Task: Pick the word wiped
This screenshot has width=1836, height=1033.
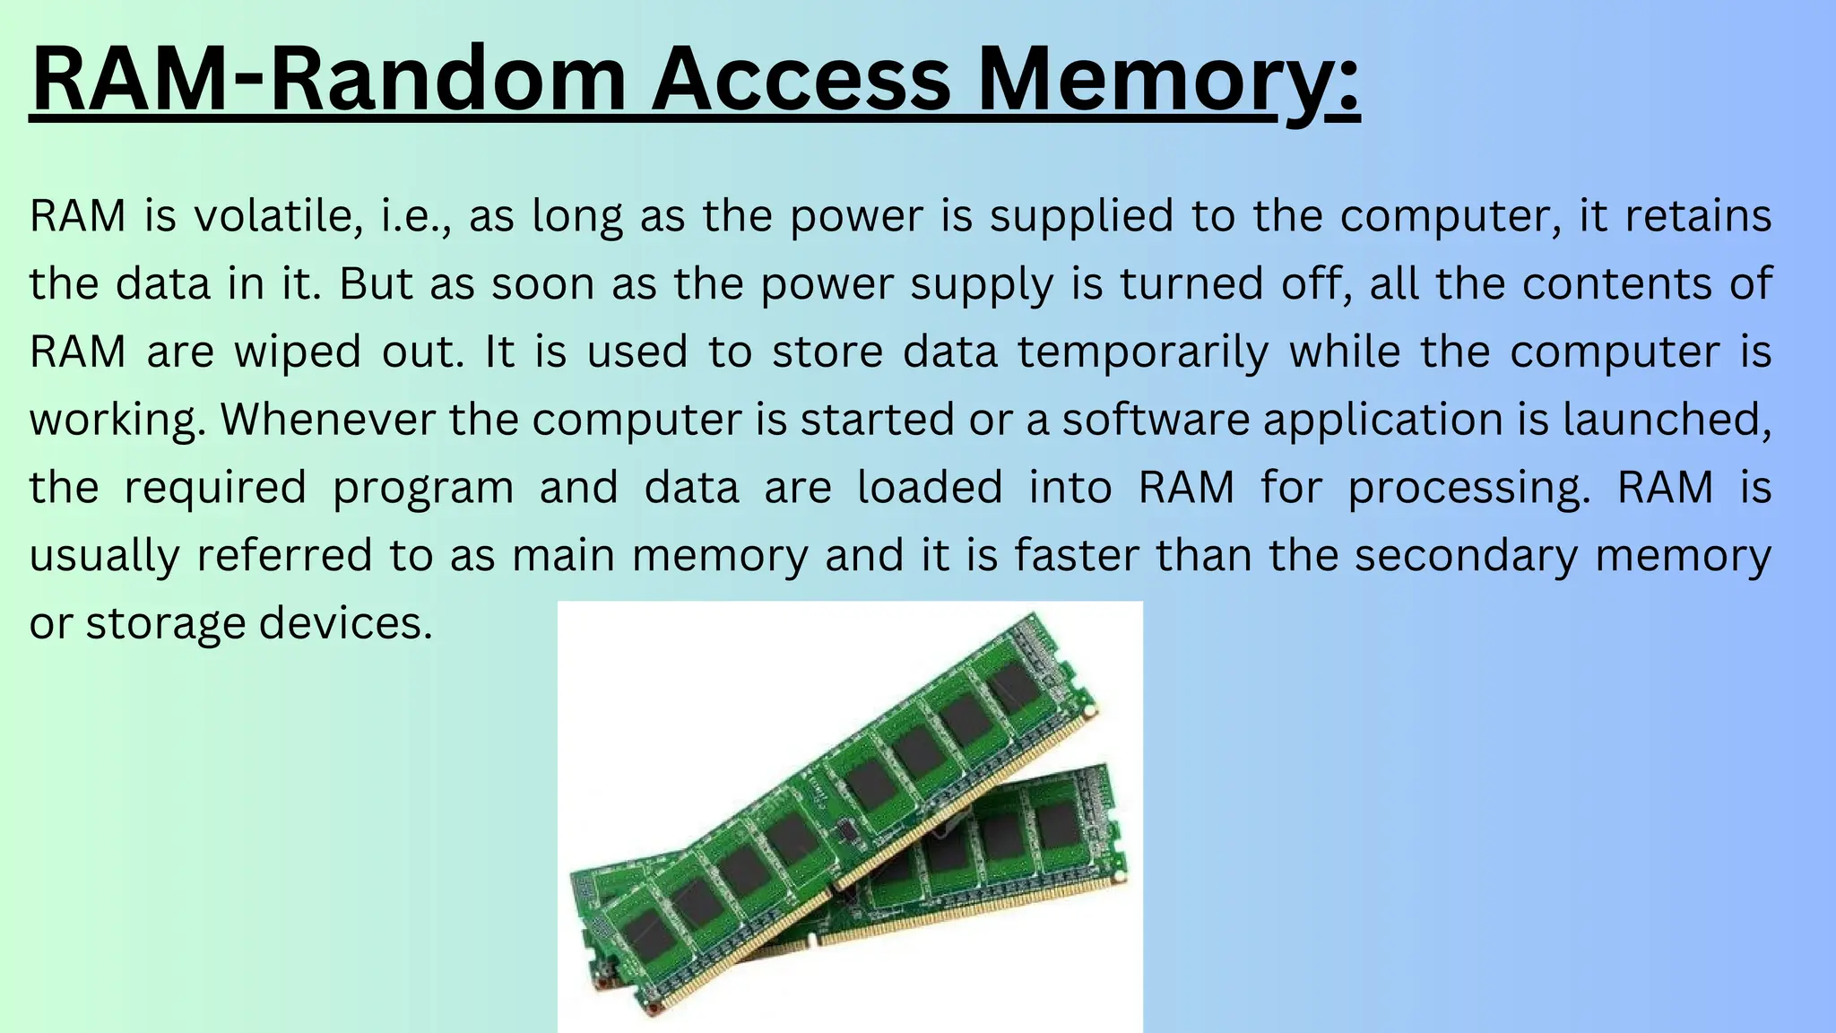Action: tap(298, 352)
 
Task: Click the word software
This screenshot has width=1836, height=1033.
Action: tap(1156, 419)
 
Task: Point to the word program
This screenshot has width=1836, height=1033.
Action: tap(423, 488)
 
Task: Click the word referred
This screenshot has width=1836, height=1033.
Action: tap(284, 555)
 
